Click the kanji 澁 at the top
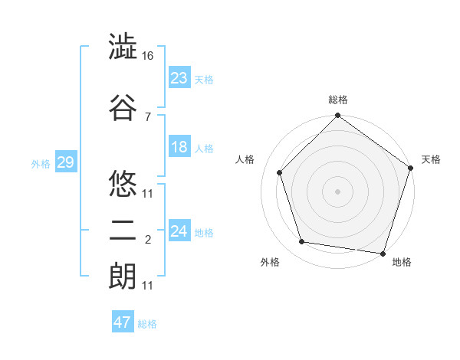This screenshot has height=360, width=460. (x=123, y=48)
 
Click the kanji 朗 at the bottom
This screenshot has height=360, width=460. (x=123, y=276)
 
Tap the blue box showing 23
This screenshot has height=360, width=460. (x=179, y=78)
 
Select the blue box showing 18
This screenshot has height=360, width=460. (x=179, y=147)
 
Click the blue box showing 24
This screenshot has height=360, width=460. (x=179, y=231)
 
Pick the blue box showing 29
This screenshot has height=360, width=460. (x=65, y=162)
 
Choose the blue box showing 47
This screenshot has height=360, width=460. (x=123, y=322)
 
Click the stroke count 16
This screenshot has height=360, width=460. (x=148, y=56)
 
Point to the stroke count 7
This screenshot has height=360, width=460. (x=147, y=116)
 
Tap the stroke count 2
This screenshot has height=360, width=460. (x=147, y=241)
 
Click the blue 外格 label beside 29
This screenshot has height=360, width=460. (x=41, y=163)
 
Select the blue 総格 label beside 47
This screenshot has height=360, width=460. (x=147, y=324)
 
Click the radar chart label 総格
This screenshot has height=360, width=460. (x=337, y=100)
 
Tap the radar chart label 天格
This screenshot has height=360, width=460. (x=431, y=159)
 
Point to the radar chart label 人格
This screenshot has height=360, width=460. (x=245, y=159)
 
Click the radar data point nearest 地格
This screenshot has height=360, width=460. (x=383, y=253)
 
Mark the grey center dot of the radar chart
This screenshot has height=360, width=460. (x=337, y=191)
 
